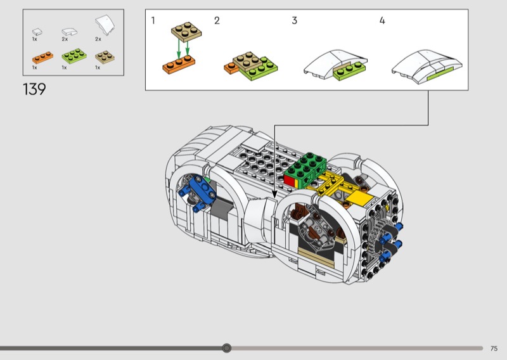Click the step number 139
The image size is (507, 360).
(x=34, y=89)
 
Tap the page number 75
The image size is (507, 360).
(x=494, y=349)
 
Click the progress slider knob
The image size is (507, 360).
(x=227, y=348)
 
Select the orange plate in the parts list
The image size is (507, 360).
(x=42, y=57)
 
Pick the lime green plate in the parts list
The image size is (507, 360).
(x=74, y=56)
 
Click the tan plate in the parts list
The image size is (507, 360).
(x=105, y=57)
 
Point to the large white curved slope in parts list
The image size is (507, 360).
(x=105, y=25)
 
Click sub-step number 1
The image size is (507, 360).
(x=153, y=20)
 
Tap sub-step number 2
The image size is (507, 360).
(x=217, y=21)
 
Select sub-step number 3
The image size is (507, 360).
(x=294, y=21)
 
